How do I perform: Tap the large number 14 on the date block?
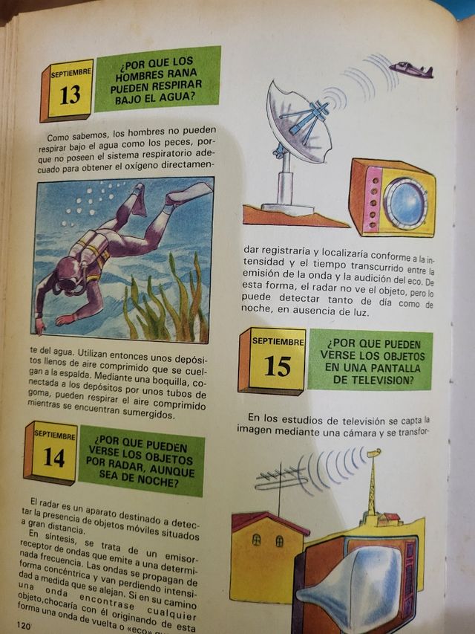(x=53, y=456)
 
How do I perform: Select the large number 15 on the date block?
(x=278, y=366)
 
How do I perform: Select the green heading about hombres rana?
(x=157, y=78)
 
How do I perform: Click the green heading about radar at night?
(x=141, y=461)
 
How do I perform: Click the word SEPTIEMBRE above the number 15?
(x=278, y=341)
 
